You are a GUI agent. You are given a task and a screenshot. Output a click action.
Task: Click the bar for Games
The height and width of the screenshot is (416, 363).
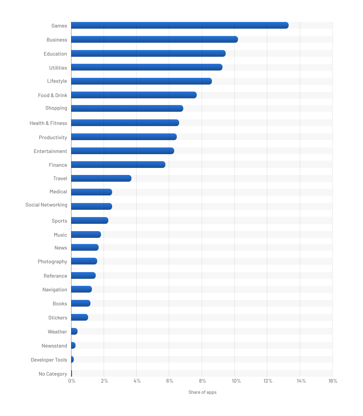coord(180,25)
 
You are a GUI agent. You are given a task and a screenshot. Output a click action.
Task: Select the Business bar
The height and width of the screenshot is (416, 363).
coord(154,39)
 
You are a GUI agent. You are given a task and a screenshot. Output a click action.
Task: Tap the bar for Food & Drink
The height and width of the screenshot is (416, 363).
coord(134,95)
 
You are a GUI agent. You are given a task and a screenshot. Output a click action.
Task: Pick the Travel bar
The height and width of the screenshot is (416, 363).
coord(101,178)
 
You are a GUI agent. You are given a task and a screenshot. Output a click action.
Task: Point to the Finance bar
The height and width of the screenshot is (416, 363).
coord(118,165)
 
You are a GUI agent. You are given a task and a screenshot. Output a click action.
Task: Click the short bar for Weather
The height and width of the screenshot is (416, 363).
coord(74,331)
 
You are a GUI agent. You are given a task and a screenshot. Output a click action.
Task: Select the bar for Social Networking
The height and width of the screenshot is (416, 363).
coord(91,207)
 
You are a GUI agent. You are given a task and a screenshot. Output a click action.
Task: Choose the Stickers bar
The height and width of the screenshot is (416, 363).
coord(79,317)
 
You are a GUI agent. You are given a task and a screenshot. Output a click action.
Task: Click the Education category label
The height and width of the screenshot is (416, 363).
coord(55,54)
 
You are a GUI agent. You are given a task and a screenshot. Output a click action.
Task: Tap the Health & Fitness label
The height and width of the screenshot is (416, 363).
coord(48,123)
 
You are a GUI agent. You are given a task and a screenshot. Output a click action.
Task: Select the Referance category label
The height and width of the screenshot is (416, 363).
coord(55,276)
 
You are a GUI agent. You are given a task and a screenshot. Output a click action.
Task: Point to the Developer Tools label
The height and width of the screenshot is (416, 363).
coord(49,360)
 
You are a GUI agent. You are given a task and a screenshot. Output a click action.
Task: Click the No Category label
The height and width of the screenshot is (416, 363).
coord(53,374)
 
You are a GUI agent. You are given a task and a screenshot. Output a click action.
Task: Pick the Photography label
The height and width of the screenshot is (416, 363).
coord(52,262)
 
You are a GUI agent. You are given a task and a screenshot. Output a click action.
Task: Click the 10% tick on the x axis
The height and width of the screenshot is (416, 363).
coord(236,381)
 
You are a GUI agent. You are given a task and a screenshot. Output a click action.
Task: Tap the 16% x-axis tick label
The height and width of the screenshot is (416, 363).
coord(333,381)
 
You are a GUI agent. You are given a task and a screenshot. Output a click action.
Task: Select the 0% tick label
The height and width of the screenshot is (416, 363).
coord(72,381)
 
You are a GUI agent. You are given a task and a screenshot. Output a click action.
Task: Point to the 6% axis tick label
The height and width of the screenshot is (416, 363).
coord(169,381)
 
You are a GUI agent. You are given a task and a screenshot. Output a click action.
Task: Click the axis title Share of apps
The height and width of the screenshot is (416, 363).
coord(202,392)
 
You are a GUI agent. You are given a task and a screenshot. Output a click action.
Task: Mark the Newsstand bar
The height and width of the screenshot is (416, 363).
coord(73,345)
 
